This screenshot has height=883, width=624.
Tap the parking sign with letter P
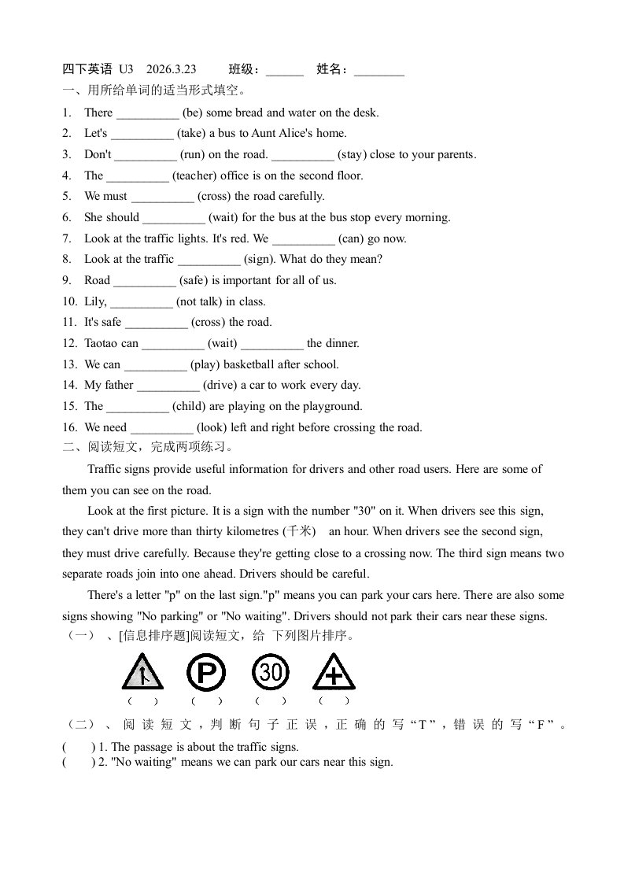[x=206, y=673]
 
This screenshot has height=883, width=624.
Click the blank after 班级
[x=285, y=70]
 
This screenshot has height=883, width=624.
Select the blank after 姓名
[x=378, y=70]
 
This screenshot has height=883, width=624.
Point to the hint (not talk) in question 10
[x=199, y=301]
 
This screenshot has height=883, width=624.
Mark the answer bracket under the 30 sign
[x=271, y=700]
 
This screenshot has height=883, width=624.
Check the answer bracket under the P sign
[x=206, y=700]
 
